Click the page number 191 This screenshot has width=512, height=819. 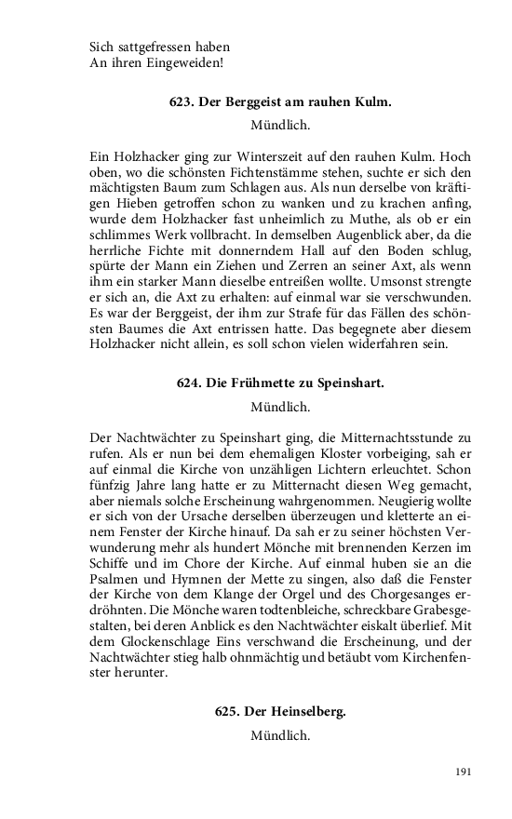point(465,772)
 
